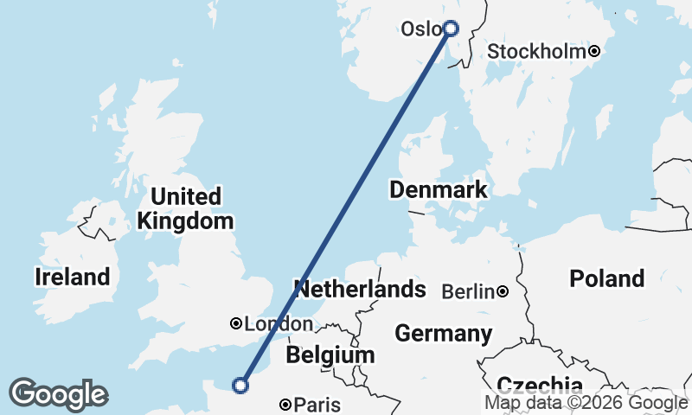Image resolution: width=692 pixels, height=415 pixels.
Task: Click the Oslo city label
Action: click(420, 29)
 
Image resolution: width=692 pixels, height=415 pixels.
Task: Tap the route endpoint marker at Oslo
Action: click(450, 28)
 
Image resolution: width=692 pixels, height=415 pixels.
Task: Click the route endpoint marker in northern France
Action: click(241, 385)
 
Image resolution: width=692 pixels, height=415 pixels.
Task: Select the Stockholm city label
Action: click(536, 52)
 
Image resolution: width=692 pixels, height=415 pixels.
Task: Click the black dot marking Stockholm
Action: click(594, 52)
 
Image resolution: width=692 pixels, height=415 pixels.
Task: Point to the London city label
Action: click(279, 324)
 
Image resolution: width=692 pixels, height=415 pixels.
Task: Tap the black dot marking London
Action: click(235, 323)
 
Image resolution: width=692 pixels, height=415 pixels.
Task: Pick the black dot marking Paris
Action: click(286, 404)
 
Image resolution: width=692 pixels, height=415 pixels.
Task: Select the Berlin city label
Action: click(468, 292)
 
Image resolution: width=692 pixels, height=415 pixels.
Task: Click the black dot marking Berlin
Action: click(503, 292)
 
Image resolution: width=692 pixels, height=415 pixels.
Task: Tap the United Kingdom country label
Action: click(185, 208)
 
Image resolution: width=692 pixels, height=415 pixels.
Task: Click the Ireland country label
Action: click(73, 278)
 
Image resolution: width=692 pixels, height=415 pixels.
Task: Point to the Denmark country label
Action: click(438, 189)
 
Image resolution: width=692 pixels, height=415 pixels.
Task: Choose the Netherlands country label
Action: click(360, 289)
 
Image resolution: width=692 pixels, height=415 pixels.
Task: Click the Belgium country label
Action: click(330, 354)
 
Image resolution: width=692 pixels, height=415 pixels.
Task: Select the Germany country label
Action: click(443, 333)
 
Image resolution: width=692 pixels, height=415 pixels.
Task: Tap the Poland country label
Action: click(606, 278)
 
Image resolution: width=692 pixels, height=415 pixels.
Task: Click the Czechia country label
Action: click(539, 385)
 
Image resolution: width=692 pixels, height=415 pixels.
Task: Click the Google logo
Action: click(58, 394)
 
